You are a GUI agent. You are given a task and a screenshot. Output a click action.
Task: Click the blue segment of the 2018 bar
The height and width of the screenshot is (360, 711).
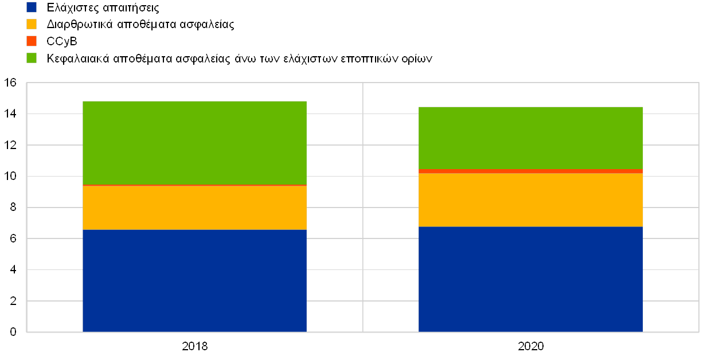pyautogui.click(x=194, y=280)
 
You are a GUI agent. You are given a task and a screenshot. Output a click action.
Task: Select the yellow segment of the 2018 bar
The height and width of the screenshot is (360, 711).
pyautogui.click(x=194, y=208)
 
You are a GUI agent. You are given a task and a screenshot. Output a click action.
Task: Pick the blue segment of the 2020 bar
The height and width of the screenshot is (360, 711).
pyautogui.click(x=530, y=279)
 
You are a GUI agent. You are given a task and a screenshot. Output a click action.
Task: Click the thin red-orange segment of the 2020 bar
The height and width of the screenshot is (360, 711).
pyautogui.click(x=530, y=171)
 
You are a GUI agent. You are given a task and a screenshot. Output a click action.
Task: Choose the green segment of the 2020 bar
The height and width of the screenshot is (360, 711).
pyautogui.click(x=530, y=138)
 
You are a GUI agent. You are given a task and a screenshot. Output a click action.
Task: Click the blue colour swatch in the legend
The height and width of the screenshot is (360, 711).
pyautogui.click(x=32, y=7)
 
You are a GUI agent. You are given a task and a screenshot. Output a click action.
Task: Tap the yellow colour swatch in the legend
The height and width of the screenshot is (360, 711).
pyautogui.click(x=32, y=24)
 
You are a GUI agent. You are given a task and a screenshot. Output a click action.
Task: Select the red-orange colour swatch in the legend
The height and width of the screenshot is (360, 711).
pyautogui.click(x=32, y=41)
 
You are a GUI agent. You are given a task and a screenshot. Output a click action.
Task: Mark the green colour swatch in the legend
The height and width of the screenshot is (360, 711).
pyautogui.click(x=32, y=58)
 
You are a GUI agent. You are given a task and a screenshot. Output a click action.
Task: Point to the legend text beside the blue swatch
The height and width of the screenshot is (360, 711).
pyautogui.click(x=103, y=8)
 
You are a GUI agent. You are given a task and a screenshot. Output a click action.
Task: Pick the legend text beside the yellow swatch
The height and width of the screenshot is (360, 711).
pyautogui.click(x=140, y=25)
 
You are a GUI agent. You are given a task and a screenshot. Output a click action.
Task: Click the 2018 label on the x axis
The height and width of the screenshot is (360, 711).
pyautogui.click(x=194, y=346)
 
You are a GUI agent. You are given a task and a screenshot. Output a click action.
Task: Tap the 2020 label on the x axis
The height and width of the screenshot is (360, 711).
pyautogui.click(x=530, y=346)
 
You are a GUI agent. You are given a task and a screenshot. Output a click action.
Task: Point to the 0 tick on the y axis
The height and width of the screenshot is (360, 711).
pyautogui.click(x=13, y=332)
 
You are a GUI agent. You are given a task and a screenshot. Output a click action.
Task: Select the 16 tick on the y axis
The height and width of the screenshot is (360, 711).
pyautogui.click(x=10, y=83)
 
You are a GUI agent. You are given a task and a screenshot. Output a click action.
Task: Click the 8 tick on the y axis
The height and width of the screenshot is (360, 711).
pyautogui.click(x=13, y=208)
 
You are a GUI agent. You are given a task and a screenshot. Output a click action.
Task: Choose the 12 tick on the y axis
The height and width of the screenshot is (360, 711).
pyautogui.click(x=10, y=145)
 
